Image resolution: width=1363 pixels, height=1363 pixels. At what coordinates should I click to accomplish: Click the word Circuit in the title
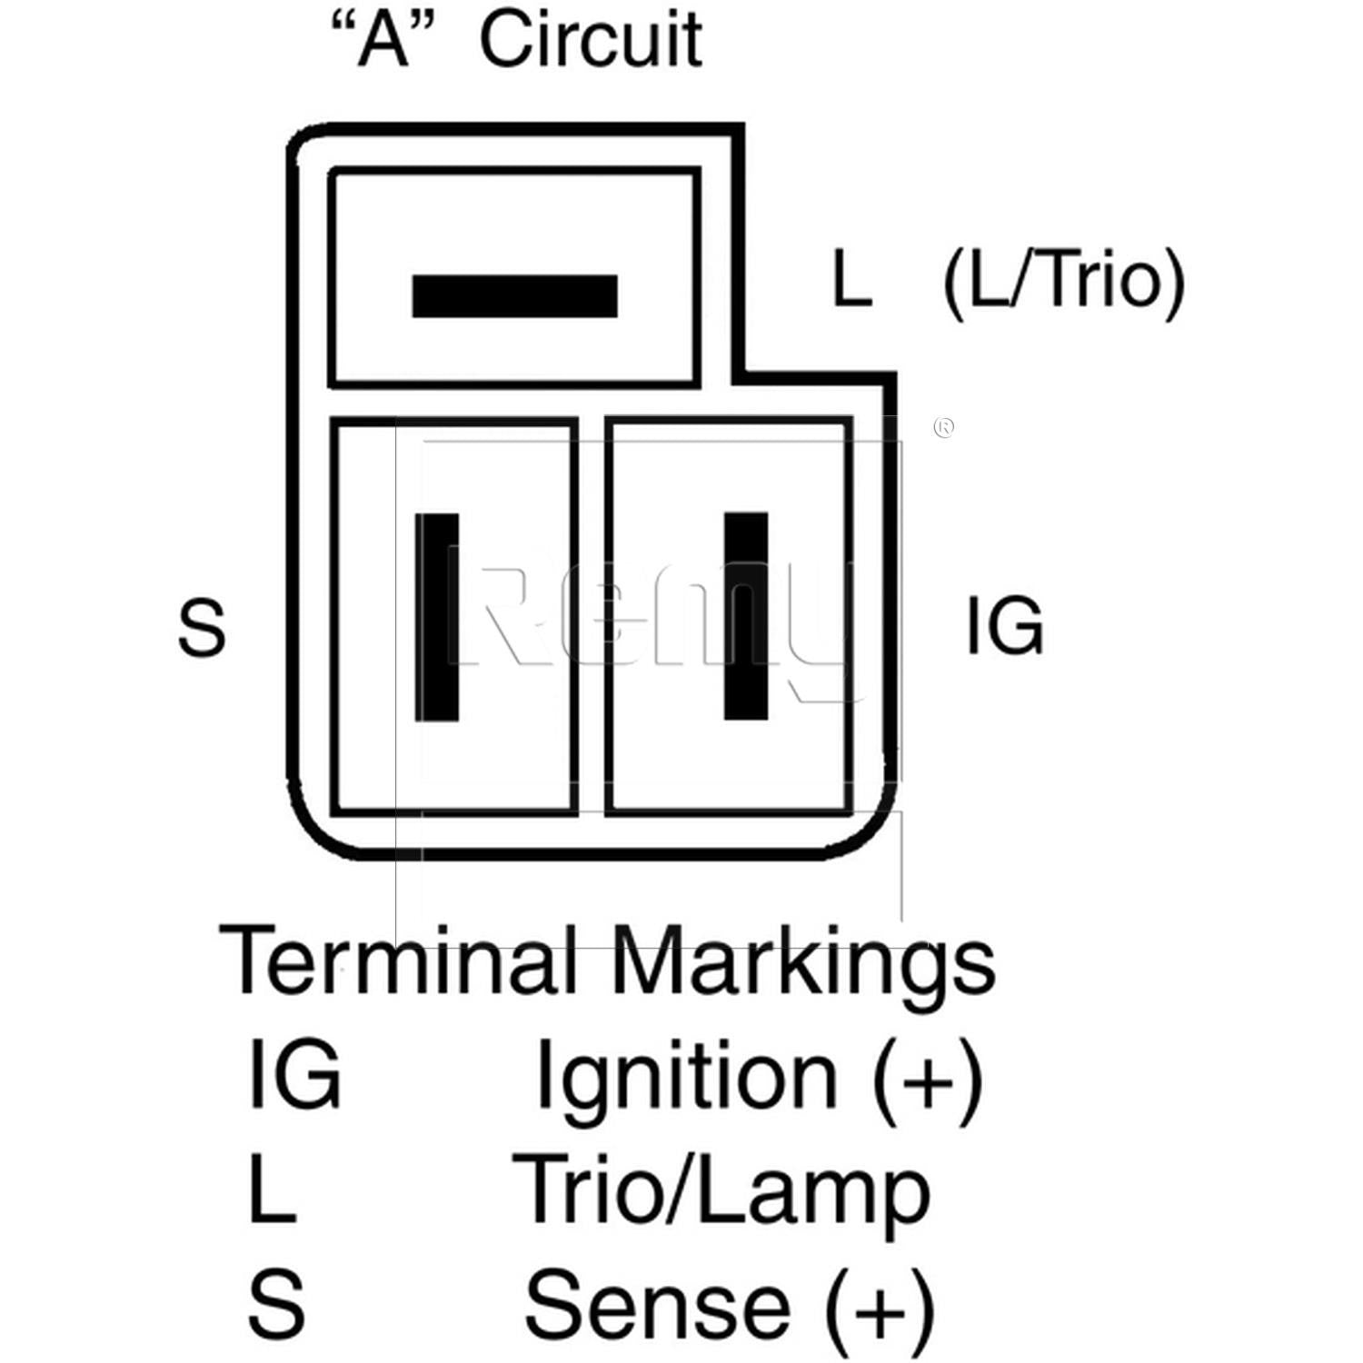(591, 40)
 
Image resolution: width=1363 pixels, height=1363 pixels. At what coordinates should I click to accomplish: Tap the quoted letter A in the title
(383, 40)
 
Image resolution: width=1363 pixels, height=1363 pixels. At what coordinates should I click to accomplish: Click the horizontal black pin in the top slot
(514, 296)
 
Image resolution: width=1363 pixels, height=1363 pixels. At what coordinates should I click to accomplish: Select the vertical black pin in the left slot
(437, 617)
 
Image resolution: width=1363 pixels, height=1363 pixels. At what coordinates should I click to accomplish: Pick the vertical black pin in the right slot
(746, 617)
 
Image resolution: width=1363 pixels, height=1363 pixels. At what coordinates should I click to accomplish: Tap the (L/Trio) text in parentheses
(1064, 282)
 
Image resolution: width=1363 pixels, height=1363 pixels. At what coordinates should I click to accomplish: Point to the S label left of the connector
(201, 628)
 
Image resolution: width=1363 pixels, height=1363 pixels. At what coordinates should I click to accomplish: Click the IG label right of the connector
(1004, 626)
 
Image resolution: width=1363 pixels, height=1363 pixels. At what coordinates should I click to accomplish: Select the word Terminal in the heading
(398, 960)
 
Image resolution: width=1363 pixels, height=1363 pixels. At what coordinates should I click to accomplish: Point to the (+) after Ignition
(928, 1079)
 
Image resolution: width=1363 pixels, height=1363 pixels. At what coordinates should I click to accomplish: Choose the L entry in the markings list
(271, 1190)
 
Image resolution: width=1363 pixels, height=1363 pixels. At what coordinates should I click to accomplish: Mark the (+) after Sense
(879, 1308)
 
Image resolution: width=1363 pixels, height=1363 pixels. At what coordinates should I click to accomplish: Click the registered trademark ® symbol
(943, 427)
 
